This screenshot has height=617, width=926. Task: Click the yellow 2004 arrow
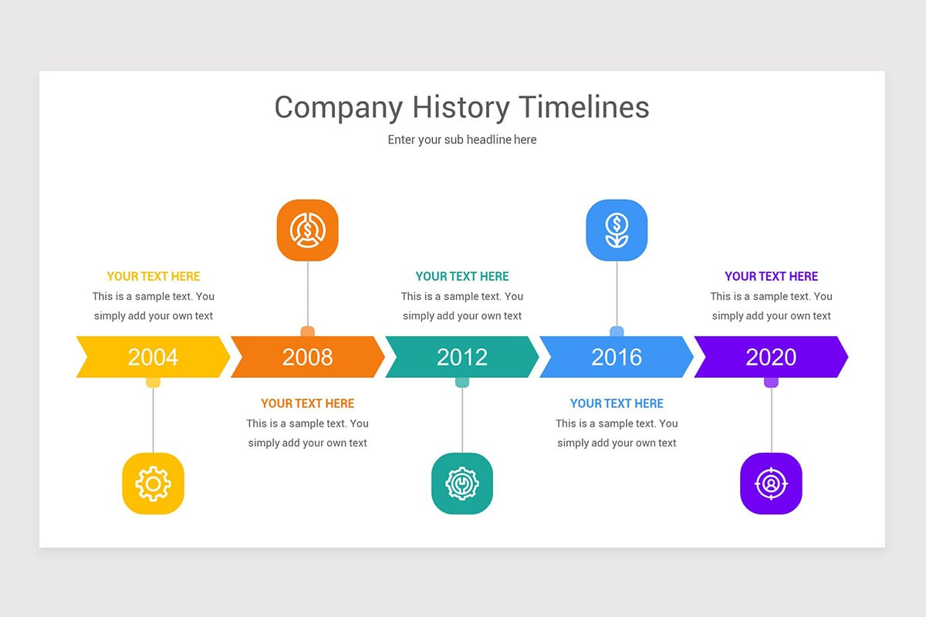tap(153, 357)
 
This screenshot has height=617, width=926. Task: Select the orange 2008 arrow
tap(307, 357)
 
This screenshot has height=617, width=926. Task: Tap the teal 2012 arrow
tap(461, 357)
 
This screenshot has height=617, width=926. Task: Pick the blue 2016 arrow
tap(616, 357)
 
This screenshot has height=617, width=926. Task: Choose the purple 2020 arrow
tap(770, 357)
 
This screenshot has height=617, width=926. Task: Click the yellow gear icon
tap(153, 484)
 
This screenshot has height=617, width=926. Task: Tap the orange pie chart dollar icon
tap(307, 230)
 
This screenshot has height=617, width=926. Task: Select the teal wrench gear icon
tap(461, 484)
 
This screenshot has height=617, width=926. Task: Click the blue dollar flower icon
tap(617, 230)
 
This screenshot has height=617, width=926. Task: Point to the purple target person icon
tap(771, 484)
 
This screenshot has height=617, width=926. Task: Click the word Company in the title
tap(338, 108)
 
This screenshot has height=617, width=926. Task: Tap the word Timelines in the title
tap(583, 106)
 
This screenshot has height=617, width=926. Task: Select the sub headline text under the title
tap(461, 140)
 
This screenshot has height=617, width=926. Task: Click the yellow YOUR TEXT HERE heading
tap(153, 276)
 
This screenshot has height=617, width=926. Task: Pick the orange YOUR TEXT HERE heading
tap(307, 403)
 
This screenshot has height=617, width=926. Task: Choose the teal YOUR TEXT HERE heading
tap(461, 276)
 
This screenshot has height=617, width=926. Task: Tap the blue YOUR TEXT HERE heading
tap(617, 403)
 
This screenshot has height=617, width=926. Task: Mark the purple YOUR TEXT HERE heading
tap(771, 276)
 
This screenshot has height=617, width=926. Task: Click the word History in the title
tap(460, 106)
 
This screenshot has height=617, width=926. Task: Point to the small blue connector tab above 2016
tap(617, 332)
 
